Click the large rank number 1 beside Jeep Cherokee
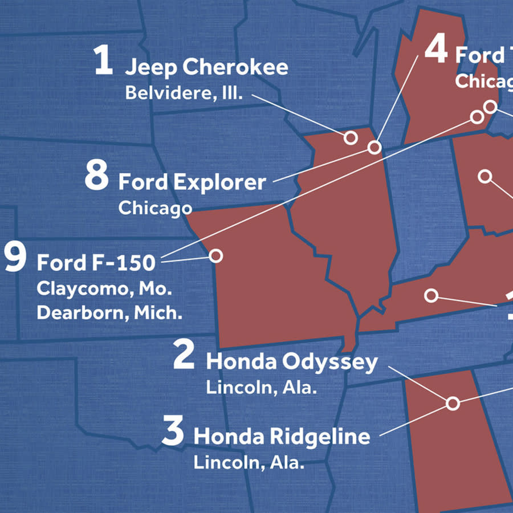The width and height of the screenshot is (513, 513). (103, 62)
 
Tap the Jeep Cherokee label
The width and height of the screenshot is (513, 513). (206, 67)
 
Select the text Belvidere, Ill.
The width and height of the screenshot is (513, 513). (184, 93)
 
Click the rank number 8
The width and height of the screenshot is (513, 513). (96, 176)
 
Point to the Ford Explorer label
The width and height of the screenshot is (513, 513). (192, 182)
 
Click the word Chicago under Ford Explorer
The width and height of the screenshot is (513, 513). (154, 208)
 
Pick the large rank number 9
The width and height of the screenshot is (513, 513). (15, 257)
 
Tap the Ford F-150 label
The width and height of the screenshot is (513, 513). (96, 263)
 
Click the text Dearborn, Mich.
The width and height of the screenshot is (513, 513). (109, 313)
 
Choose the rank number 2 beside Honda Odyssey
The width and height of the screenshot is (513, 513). (184, 356)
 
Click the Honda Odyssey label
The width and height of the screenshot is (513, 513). (291, 362)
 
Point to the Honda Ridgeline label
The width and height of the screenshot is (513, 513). (282, 437)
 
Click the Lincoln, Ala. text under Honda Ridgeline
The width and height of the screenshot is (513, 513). (248, 462)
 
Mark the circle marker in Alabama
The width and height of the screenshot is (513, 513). (453, 404)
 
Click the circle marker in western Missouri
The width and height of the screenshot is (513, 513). (215, 256)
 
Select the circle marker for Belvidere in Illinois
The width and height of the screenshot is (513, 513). (351, 137)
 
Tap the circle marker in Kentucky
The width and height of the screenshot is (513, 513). (431, 295)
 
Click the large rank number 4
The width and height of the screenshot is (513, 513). (436, 51)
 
